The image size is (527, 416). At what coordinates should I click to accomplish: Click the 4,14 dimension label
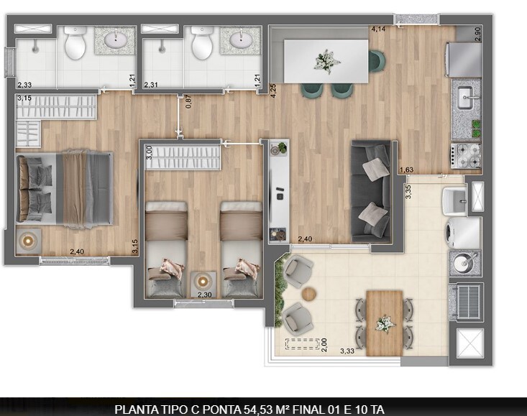point(378,29)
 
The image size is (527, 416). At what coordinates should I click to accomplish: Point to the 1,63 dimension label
point(406,170)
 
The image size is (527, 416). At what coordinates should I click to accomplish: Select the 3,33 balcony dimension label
point(347,351)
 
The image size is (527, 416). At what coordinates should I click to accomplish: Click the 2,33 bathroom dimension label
point(24,85)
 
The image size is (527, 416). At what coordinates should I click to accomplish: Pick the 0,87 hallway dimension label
point(188,101)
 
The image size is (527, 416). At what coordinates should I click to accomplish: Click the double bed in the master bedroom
point(65,188)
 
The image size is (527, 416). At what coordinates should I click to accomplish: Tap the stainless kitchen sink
point(465,93)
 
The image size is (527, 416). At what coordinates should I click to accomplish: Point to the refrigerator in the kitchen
point(464,59)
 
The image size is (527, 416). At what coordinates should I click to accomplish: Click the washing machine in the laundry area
point(463,232)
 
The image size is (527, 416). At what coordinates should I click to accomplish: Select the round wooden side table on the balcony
point(309,294)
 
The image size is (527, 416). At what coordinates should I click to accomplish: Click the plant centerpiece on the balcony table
point(385,323)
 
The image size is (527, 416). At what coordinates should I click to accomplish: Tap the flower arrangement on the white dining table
point(327,60)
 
